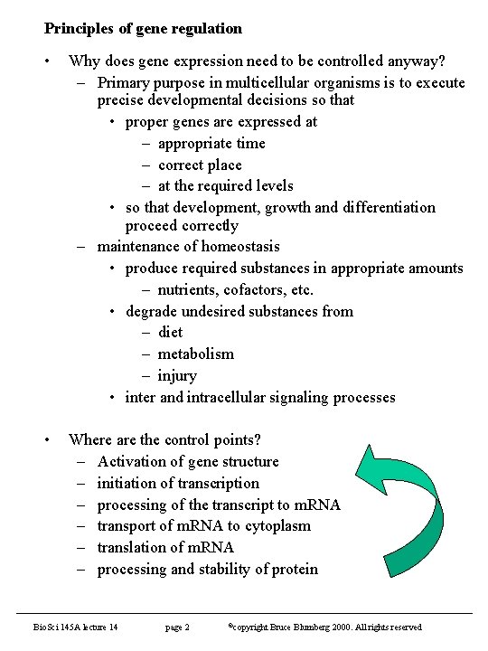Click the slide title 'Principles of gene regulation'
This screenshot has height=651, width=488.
(143, 29)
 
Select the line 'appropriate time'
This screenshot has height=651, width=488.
(211, 143)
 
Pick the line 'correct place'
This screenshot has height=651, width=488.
(200, 165)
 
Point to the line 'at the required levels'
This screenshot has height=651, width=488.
(225, 185)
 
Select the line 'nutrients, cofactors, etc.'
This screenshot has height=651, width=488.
(235, 289)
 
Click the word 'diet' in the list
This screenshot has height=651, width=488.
(170, 332)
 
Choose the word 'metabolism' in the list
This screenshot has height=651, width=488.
(195, 354)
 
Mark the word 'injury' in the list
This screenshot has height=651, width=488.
(176, 375)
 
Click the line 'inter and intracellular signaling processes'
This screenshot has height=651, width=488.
(260, 397)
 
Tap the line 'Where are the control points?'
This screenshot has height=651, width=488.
(164, 439)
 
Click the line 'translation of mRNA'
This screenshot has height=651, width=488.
(165, 547)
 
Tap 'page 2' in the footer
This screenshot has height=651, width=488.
(177, 627)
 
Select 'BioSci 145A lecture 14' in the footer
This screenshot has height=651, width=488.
(76, 627)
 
